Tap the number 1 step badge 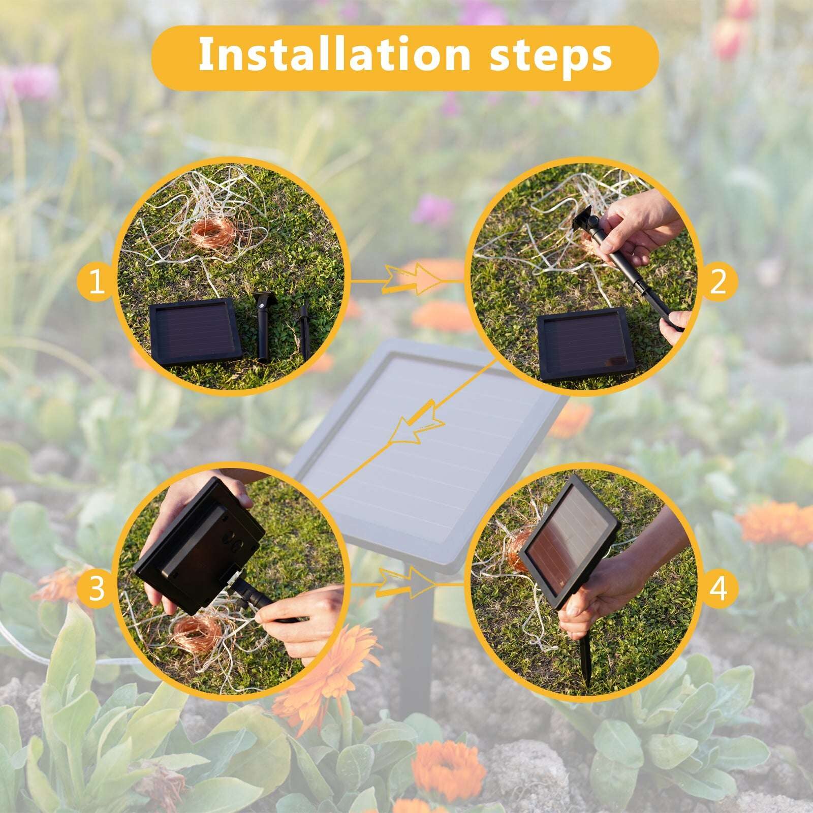96,283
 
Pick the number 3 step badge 96,589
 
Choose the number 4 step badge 718,589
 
